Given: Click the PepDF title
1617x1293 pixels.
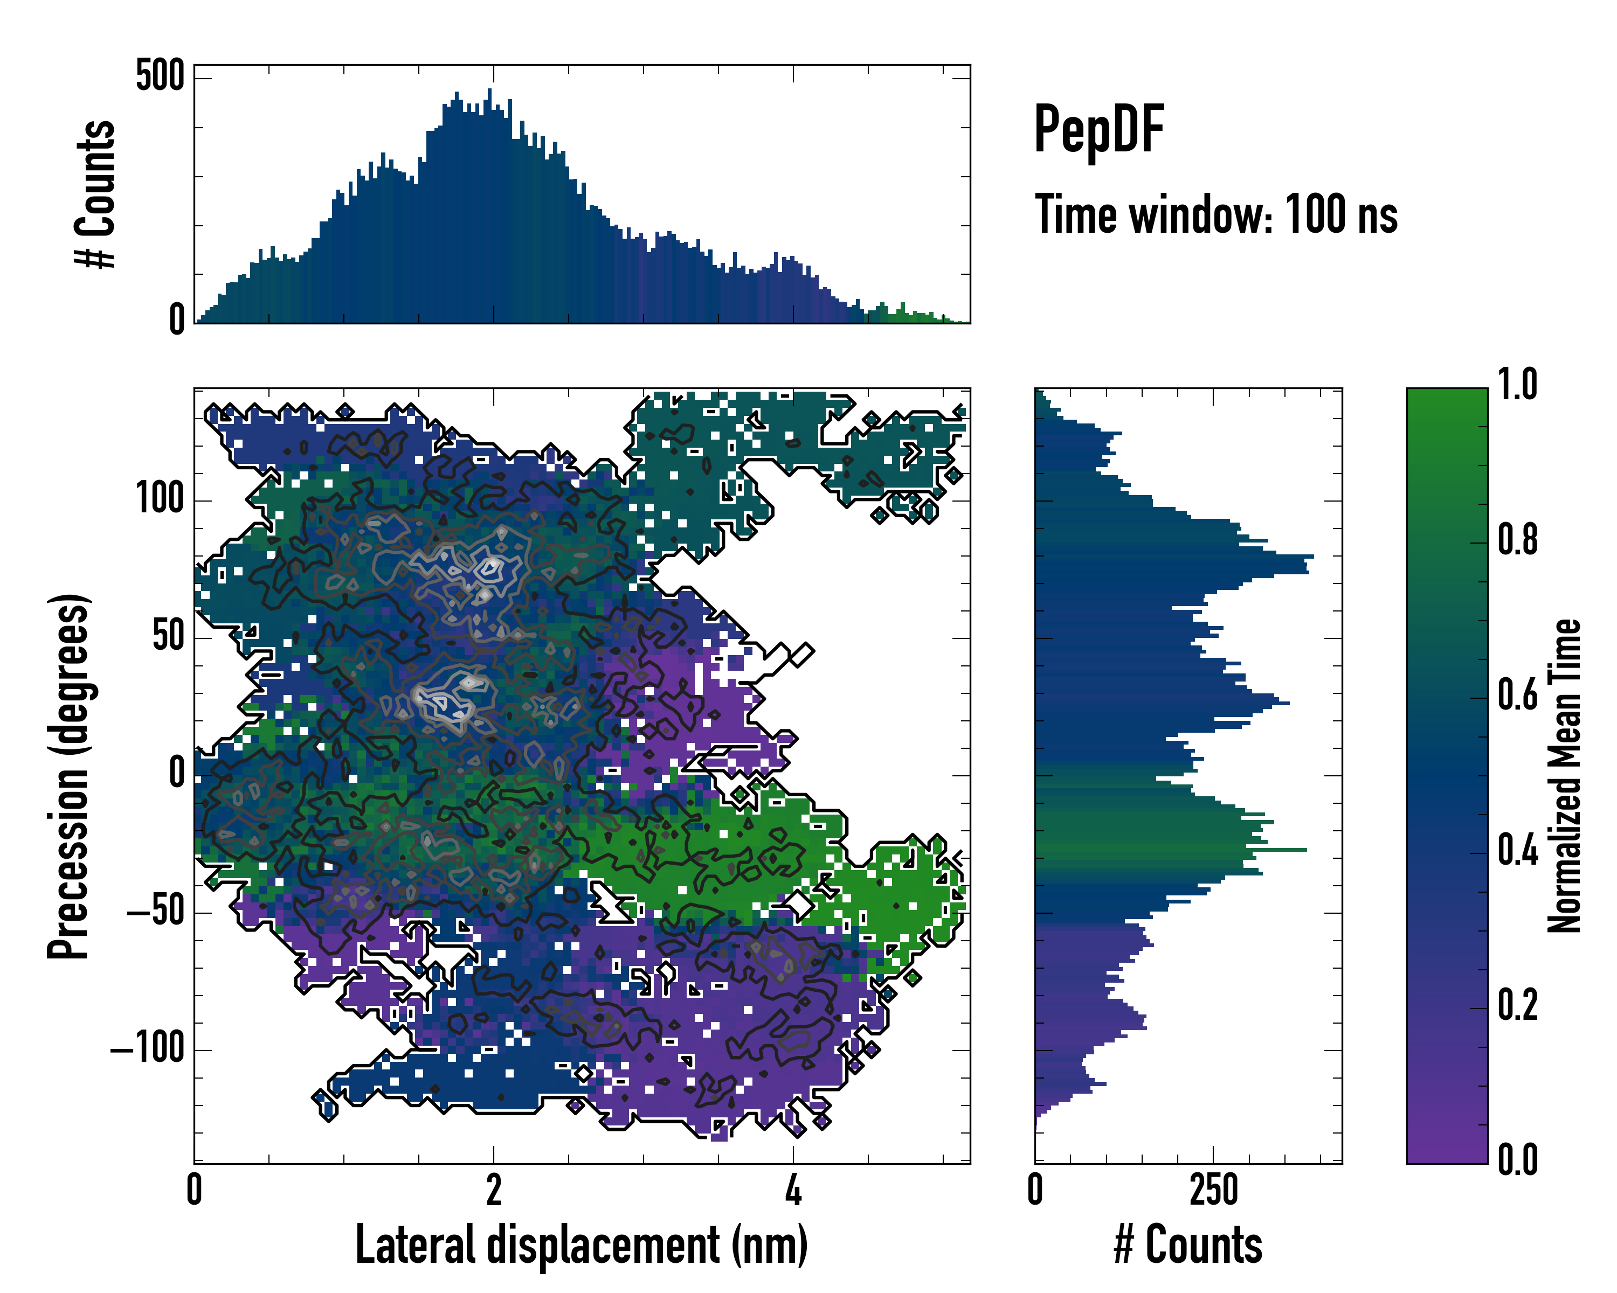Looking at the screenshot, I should pyautogui.click(x=1098, y=130).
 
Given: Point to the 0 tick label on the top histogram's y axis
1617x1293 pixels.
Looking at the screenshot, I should pyautogui.click(x=177, y=320).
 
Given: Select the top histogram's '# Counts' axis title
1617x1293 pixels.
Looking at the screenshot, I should pyautogui.click(x=95, y=193).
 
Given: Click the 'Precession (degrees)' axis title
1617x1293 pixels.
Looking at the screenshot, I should pyautogui.click(x=69, y=776).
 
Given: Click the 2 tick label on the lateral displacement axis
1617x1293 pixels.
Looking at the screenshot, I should pyautogui.click(x=494, y=1190).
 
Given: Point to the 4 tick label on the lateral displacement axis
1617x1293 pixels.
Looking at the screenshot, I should pyautogui.click(x=793, y=1190).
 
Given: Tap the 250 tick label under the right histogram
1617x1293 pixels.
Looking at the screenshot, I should pyautogui.click(x=1213, y=1190).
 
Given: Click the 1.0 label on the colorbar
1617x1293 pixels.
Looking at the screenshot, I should pyautogui.click(x=1517, y=385).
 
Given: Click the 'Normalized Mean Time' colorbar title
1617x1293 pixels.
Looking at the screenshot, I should pyautogui.click(x=1565, y=776).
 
